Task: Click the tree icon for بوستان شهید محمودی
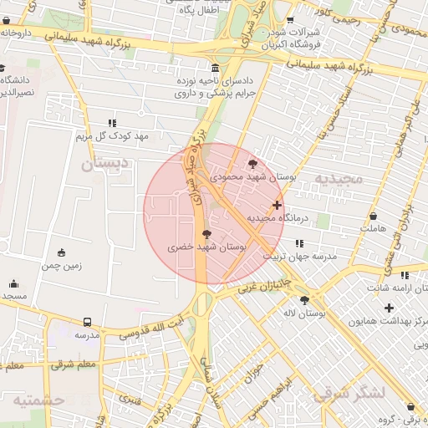pos(253,164)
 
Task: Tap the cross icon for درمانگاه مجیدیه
pos(277,205)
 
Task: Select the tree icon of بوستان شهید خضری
pos(206,234)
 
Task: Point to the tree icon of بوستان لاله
pos(304,299)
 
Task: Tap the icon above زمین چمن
pos(61,252)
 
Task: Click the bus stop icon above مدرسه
pos(88,322)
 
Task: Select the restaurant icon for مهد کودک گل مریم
pos(112,123)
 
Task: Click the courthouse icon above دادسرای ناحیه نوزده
pos(216,68)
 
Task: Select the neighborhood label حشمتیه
pos(38,400)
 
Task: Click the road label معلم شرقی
pos(73,364)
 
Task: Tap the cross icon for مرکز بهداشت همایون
pos(389,308)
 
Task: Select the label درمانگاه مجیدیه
pos(278,218)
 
